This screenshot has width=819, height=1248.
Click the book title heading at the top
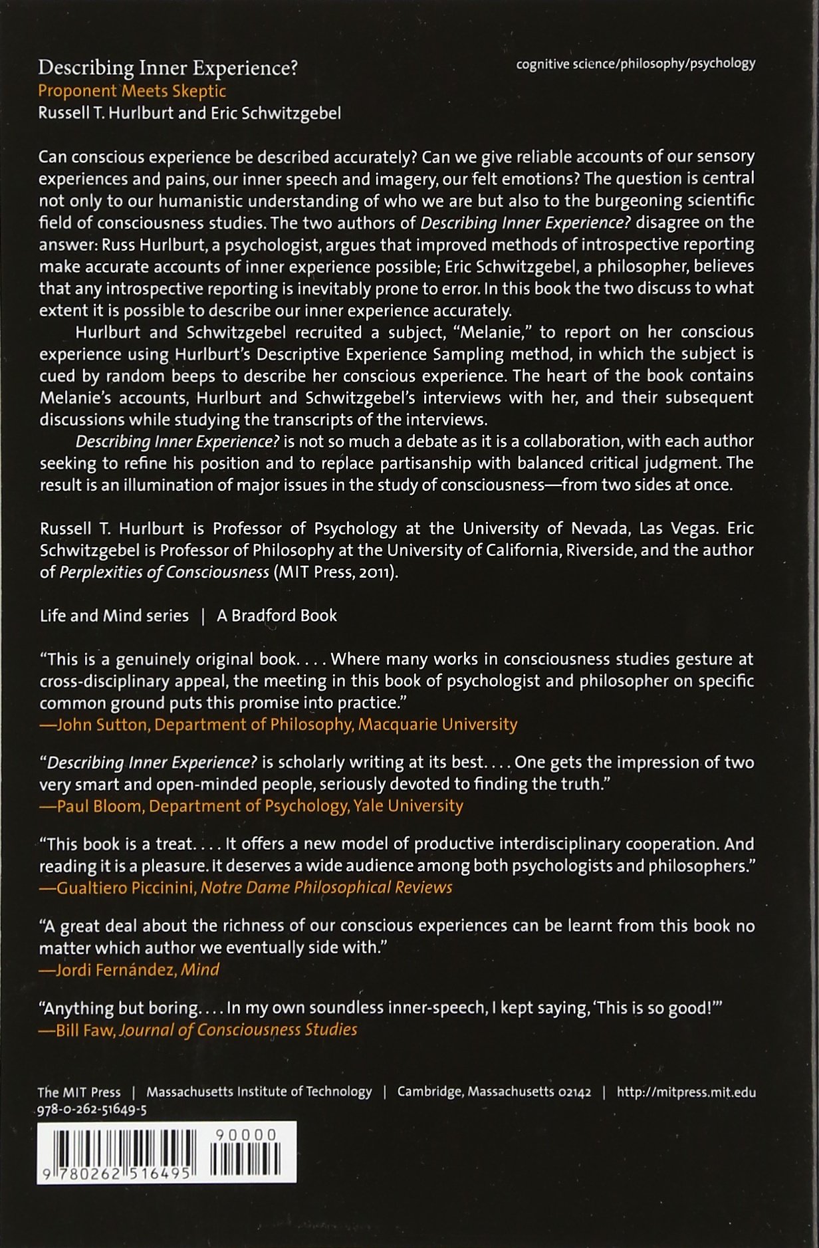pos(168,68)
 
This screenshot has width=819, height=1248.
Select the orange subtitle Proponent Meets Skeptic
pos(132,91)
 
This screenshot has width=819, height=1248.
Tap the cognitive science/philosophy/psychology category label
pos(636,64)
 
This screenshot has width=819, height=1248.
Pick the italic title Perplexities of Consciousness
pos(164,572)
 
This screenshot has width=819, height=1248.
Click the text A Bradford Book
pos(277,616)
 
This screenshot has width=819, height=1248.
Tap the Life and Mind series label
pos(114,616)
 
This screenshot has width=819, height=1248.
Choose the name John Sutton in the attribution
pos(102,725)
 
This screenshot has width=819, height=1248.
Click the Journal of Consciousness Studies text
pos(238,1030)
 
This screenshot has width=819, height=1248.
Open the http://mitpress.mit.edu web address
pos(686,1092)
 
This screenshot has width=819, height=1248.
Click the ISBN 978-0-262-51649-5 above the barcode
pos(92,1110)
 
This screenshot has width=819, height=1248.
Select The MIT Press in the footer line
pos(79,1092)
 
